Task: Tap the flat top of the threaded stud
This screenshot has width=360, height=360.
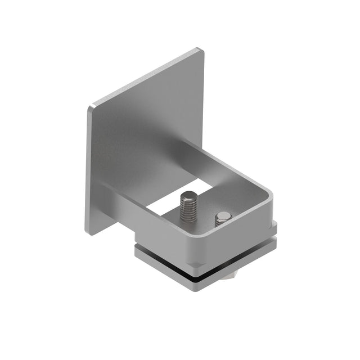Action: click(190, 196)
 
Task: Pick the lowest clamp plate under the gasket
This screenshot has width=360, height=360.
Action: click(202, 284)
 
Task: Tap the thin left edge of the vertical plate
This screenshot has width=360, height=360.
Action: click(88, 169)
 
